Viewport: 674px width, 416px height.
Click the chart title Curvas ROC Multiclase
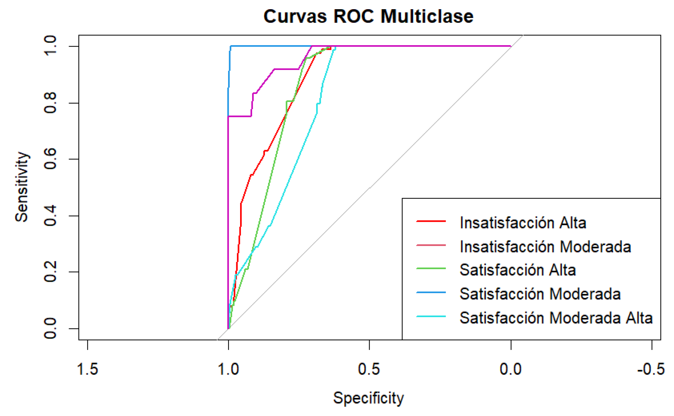coord(368,16)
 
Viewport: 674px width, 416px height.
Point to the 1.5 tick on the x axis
coord(87,369)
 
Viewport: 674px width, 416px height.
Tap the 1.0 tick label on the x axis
coord(228,369)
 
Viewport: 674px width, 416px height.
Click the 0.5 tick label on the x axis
coord(369,369)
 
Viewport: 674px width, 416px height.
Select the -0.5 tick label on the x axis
coord(651,369)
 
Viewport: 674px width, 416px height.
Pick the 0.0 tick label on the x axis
coord(510,369)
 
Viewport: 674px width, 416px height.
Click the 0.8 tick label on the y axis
coord(50,103)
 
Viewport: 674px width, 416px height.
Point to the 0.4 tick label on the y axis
coord(50,215)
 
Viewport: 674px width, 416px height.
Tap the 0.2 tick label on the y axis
coord(50,272)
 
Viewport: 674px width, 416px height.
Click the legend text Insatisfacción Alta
coord(522,222)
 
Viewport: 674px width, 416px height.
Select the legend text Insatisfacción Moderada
coord(545,246)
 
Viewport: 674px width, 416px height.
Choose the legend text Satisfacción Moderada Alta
coord(556,317)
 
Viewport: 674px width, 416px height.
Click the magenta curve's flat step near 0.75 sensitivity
coord(240,116)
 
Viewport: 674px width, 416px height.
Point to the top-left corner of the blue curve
coord(231,46)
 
